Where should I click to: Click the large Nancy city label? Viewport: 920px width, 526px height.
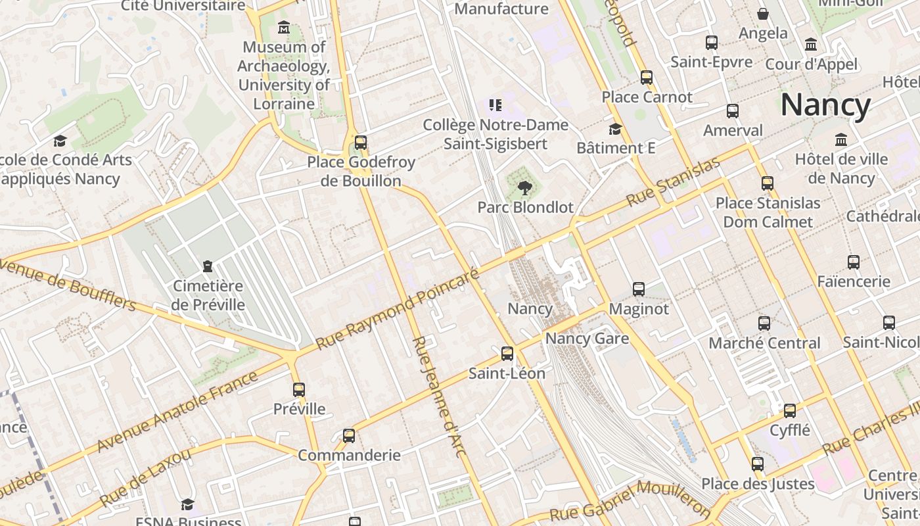point(825,105)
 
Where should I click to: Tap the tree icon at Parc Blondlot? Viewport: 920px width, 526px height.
point(524,189)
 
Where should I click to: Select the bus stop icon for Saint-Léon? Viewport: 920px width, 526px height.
point(507,354)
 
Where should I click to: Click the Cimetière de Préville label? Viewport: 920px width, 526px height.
point(208,295)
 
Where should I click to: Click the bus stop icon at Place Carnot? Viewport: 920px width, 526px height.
point(646,78)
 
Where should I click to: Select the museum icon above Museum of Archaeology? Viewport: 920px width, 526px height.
point(284,28)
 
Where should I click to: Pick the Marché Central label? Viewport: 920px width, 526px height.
point(764,343)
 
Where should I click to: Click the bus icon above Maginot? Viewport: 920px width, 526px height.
point(638,289)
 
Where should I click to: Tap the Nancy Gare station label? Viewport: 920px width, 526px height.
point(587,339)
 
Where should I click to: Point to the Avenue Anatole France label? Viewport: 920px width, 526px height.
point(177,412)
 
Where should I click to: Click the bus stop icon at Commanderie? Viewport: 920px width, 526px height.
point(349,435)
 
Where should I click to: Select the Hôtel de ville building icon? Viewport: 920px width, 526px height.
point(840,140)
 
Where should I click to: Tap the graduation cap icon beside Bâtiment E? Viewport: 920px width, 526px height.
point(615,129)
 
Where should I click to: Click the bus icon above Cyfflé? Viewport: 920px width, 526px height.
point(789,411)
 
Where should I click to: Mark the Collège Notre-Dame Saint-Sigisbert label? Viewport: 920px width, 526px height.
point(495,134)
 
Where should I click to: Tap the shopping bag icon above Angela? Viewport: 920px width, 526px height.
point(763,14)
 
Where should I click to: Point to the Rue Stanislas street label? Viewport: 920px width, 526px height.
point(673,182)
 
